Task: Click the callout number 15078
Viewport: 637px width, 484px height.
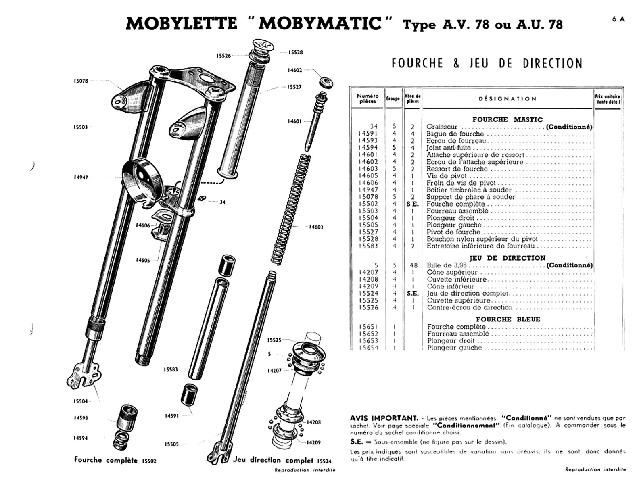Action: tap(81, 81)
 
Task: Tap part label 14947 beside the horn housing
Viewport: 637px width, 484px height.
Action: tap(81, 177)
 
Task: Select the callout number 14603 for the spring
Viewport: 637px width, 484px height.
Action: tap(316, 227)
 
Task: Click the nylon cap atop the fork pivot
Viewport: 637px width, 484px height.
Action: tap(263, 45)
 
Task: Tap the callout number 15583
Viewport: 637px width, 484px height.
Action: tap(171, 369)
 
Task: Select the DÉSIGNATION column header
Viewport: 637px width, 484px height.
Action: tap(508, 98)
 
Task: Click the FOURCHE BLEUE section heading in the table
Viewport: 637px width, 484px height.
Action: tap(508, 319)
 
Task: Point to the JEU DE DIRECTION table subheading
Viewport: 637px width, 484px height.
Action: tap(507, 258)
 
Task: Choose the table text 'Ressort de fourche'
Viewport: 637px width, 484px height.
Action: tap(451, 169)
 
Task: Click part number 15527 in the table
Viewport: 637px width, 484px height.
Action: tap(369, 232)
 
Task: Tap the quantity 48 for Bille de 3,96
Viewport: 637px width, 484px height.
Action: tap(412, 265)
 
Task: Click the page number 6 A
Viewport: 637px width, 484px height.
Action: tap(618, 19)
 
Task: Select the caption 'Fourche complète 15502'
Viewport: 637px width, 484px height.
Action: tap(115, 460)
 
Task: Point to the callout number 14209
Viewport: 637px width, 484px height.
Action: tap(314, 442)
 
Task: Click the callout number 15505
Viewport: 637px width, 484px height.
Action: tap(171, 444)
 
